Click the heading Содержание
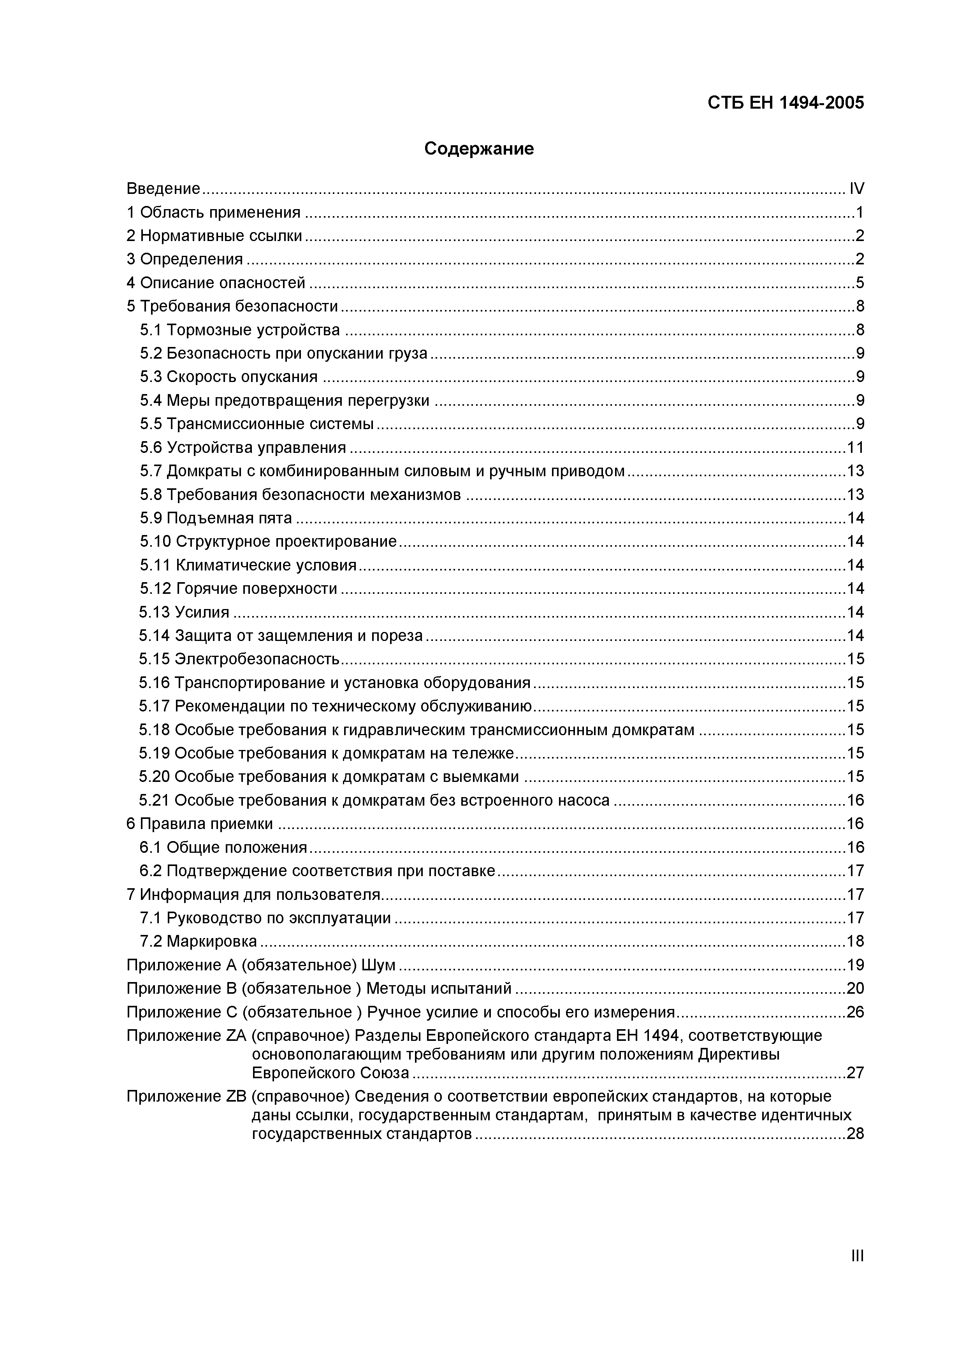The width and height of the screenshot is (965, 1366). click(479, 149)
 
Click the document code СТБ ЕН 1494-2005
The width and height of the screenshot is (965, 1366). click(786, 103)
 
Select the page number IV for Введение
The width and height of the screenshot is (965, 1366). click(856, 189)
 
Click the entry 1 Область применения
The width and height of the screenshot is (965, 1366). click(213, 212)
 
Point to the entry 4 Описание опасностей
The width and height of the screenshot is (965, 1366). click(216, 283)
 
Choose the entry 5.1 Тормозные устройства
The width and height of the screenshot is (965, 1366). click(240, 329)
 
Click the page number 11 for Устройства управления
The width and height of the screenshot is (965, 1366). click(855, 447)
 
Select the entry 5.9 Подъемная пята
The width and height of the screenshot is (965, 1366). click(216, 518)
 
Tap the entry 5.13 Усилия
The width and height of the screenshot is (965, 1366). click(184, 612)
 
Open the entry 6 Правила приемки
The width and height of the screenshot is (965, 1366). click(200, 824)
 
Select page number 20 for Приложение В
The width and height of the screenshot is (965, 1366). click(855, 988)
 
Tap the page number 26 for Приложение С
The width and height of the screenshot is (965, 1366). click(855, 1012)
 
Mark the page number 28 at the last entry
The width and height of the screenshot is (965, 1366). click(855, 1134)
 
